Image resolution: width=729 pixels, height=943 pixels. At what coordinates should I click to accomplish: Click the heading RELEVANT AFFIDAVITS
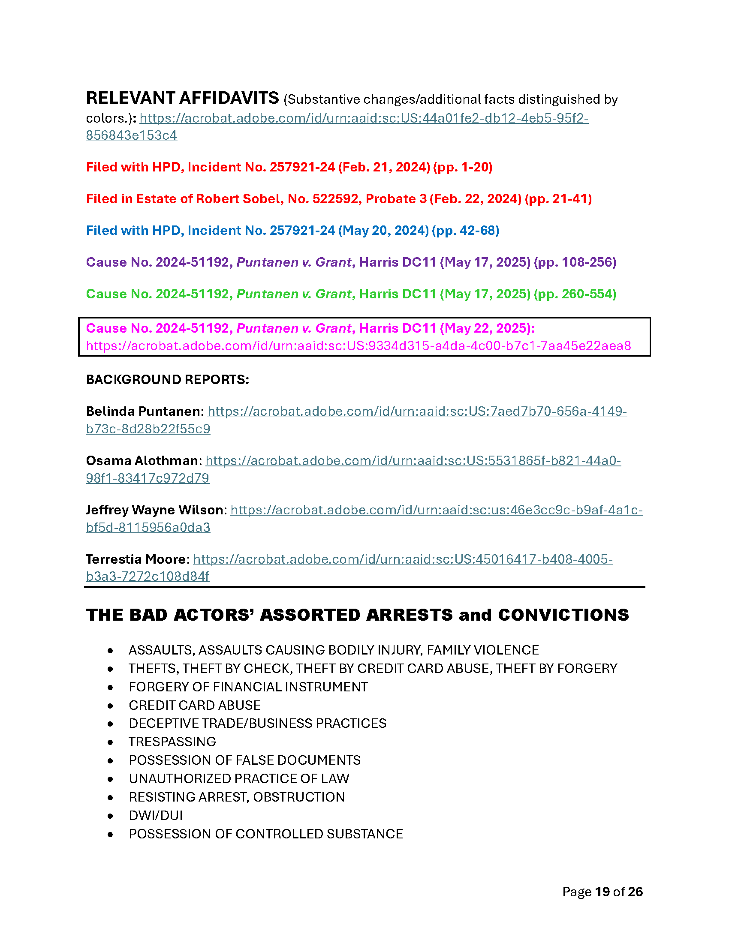(x=182, y=98)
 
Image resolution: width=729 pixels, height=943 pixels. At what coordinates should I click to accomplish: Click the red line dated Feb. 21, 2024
(x=289, y=167)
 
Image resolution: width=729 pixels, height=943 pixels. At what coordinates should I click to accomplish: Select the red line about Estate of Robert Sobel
(x=339, y=198)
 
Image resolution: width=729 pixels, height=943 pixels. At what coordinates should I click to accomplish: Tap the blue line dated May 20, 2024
(x=292, y=231)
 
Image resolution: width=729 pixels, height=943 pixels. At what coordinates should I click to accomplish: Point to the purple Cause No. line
(x=351, y=262)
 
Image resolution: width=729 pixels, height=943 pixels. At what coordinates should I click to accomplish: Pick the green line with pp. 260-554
(x=351, y=294)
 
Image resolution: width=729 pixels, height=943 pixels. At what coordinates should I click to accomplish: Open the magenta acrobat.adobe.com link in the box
(x=358, y=346)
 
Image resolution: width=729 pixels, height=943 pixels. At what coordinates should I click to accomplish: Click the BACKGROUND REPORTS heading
(x=168, y=379)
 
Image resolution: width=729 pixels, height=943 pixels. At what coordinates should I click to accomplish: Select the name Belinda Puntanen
(x=144, y=411)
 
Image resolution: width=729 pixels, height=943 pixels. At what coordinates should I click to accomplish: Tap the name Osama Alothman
(x=142, y=461)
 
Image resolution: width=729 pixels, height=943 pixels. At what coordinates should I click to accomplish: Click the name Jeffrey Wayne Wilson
(x=155, y=510)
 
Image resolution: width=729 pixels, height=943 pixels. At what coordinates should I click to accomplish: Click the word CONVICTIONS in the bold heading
(x=563, y=615)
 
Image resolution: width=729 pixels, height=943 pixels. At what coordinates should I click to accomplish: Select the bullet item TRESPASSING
(x=172, y=742)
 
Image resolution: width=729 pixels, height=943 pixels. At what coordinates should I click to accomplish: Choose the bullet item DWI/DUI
(x=156, y=815)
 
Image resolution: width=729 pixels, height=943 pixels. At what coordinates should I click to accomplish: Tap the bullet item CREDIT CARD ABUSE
(x=195, y=705)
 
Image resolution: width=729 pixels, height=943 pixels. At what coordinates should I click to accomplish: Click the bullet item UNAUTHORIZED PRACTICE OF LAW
(x=239, y=778)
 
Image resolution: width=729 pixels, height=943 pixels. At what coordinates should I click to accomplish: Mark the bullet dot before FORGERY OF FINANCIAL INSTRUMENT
(x=111, y=687)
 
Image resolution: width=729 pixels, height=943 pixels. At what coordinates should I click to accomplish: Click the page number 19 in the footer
(x=602, y=892)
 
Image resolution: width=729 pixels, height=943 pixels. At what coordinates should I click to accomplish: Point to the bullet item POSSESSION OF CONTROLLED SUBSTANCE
(x=265, y=834)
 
